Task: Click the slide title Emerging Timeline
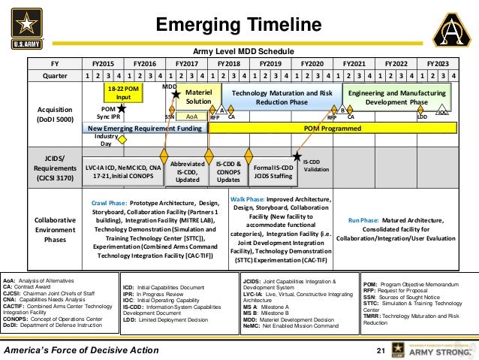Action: [239, 25]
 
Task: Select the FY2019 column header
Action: [270, 64]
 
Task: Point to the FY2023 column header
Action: [438, 64]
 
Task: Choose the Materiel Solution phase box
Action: [198, 96]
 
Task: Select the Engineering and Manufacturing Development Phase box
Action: [396, 96]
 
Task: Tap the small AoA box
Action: [191, 117]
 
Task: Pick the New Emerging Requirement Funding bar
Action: [143, 129]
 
